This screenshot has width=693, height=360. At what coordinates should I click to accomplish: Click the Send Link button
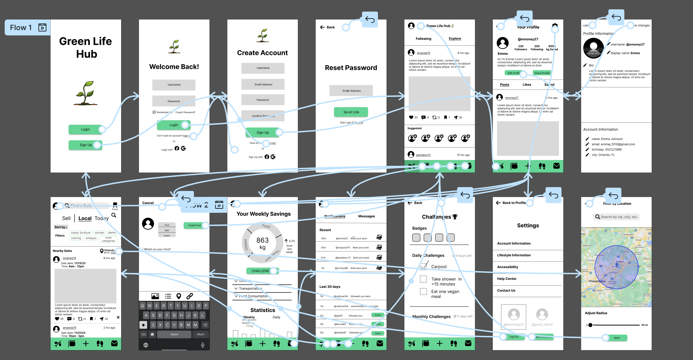click(351, 112)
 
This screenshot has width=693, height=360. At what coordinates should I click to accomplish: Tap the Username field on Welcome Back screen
click(174, 85)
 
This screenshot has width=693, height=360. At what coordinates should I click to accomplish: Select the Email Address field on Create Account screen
click(263, 84)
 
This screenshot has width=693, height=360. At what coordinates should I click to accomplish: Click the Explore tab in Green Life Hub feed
click(455, 39)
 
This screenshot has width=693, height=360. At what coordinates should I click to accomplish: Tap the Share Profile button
click(542, 73)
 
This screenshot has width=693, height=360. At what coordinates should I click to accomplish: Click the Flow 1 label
click(21, 27)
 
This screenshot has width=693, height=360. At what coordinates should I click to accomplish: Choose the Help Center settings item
click(507, 279)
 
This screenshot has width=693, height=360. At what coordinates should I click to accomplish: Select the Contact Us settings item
click(506, 291)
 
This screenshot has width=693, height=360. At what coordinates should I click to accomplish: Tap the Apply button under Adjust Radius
click(617, 338)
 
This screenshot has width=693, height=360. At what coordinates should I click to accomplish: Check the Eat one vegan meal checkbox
click(423, 292)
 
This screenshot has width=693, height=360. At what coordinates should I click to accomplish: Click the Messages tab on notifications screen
click(366, 216)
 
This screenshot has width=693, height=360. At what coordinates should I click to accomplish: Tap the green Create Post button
click(195, 225)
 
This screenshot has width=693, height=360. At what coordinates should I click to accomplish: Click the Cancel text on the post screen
click(148, 203)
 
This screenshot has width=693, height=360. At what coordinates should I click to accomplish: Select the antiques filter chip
click(91, 238)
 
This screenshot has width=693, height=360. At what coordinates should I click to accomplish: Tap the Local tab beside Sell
click(85, 218)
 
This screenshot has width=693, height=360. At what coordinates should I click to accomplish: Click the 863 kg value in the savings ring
click(262, 244)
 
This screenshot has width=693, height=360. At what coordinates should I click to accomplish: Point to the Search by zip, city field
click(616, 217)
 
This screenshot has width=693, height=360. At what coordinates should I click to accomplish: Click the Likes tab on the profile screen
click(527, 85)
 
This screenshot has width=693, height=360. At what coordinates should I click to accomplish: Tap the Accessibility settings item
click(507, 267)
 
